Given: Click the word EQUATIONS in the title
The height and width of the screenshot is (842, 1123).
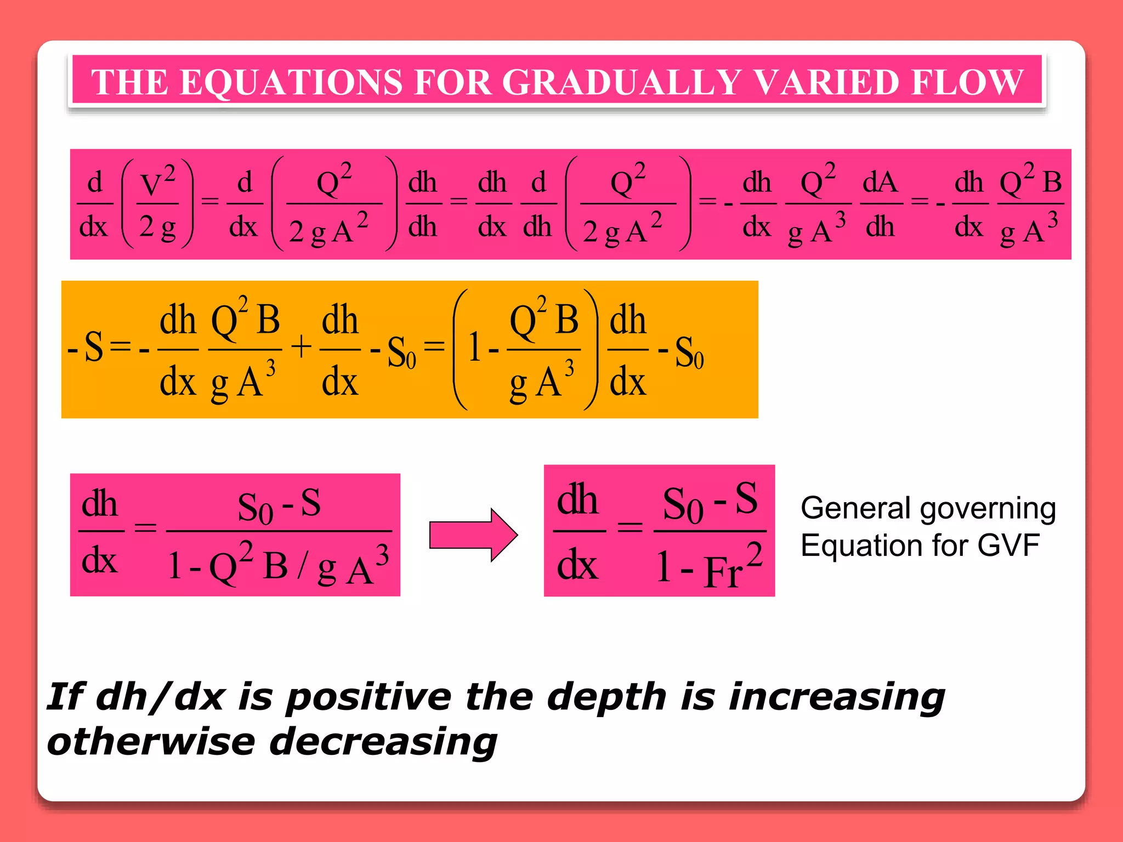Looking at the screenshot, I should (292, 82).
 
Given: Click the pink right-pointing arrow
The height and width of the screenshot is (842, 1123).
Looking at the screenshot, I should (473, 535).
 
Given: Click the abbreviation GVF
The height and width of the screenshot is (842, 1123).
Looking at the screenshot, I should (1008, 545).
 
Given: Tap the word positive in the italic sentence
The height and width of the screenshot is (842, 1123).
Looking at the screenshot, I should (369, 698).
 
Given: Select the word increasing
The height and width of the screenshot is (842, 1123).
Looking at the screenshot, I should (836, 698).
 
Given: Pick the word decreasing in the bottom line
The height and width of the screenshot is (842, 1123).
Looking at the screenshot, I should (384, 743).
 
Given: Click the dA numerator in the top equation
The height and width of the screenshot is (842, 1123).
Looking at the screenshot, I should (880, 182).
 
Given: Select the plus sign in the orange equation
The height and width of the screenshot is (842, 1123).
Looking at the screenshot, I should (301, 348).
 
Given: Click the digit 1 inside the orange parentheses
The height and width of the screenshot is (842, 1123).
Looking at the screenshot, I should (474, 349).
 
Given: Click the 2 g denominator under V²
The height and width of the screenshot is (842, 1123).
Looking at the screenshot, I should (157, 226).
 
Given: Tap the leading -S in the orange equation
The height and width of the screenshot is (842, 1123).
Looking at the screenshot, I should (86, 348).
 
